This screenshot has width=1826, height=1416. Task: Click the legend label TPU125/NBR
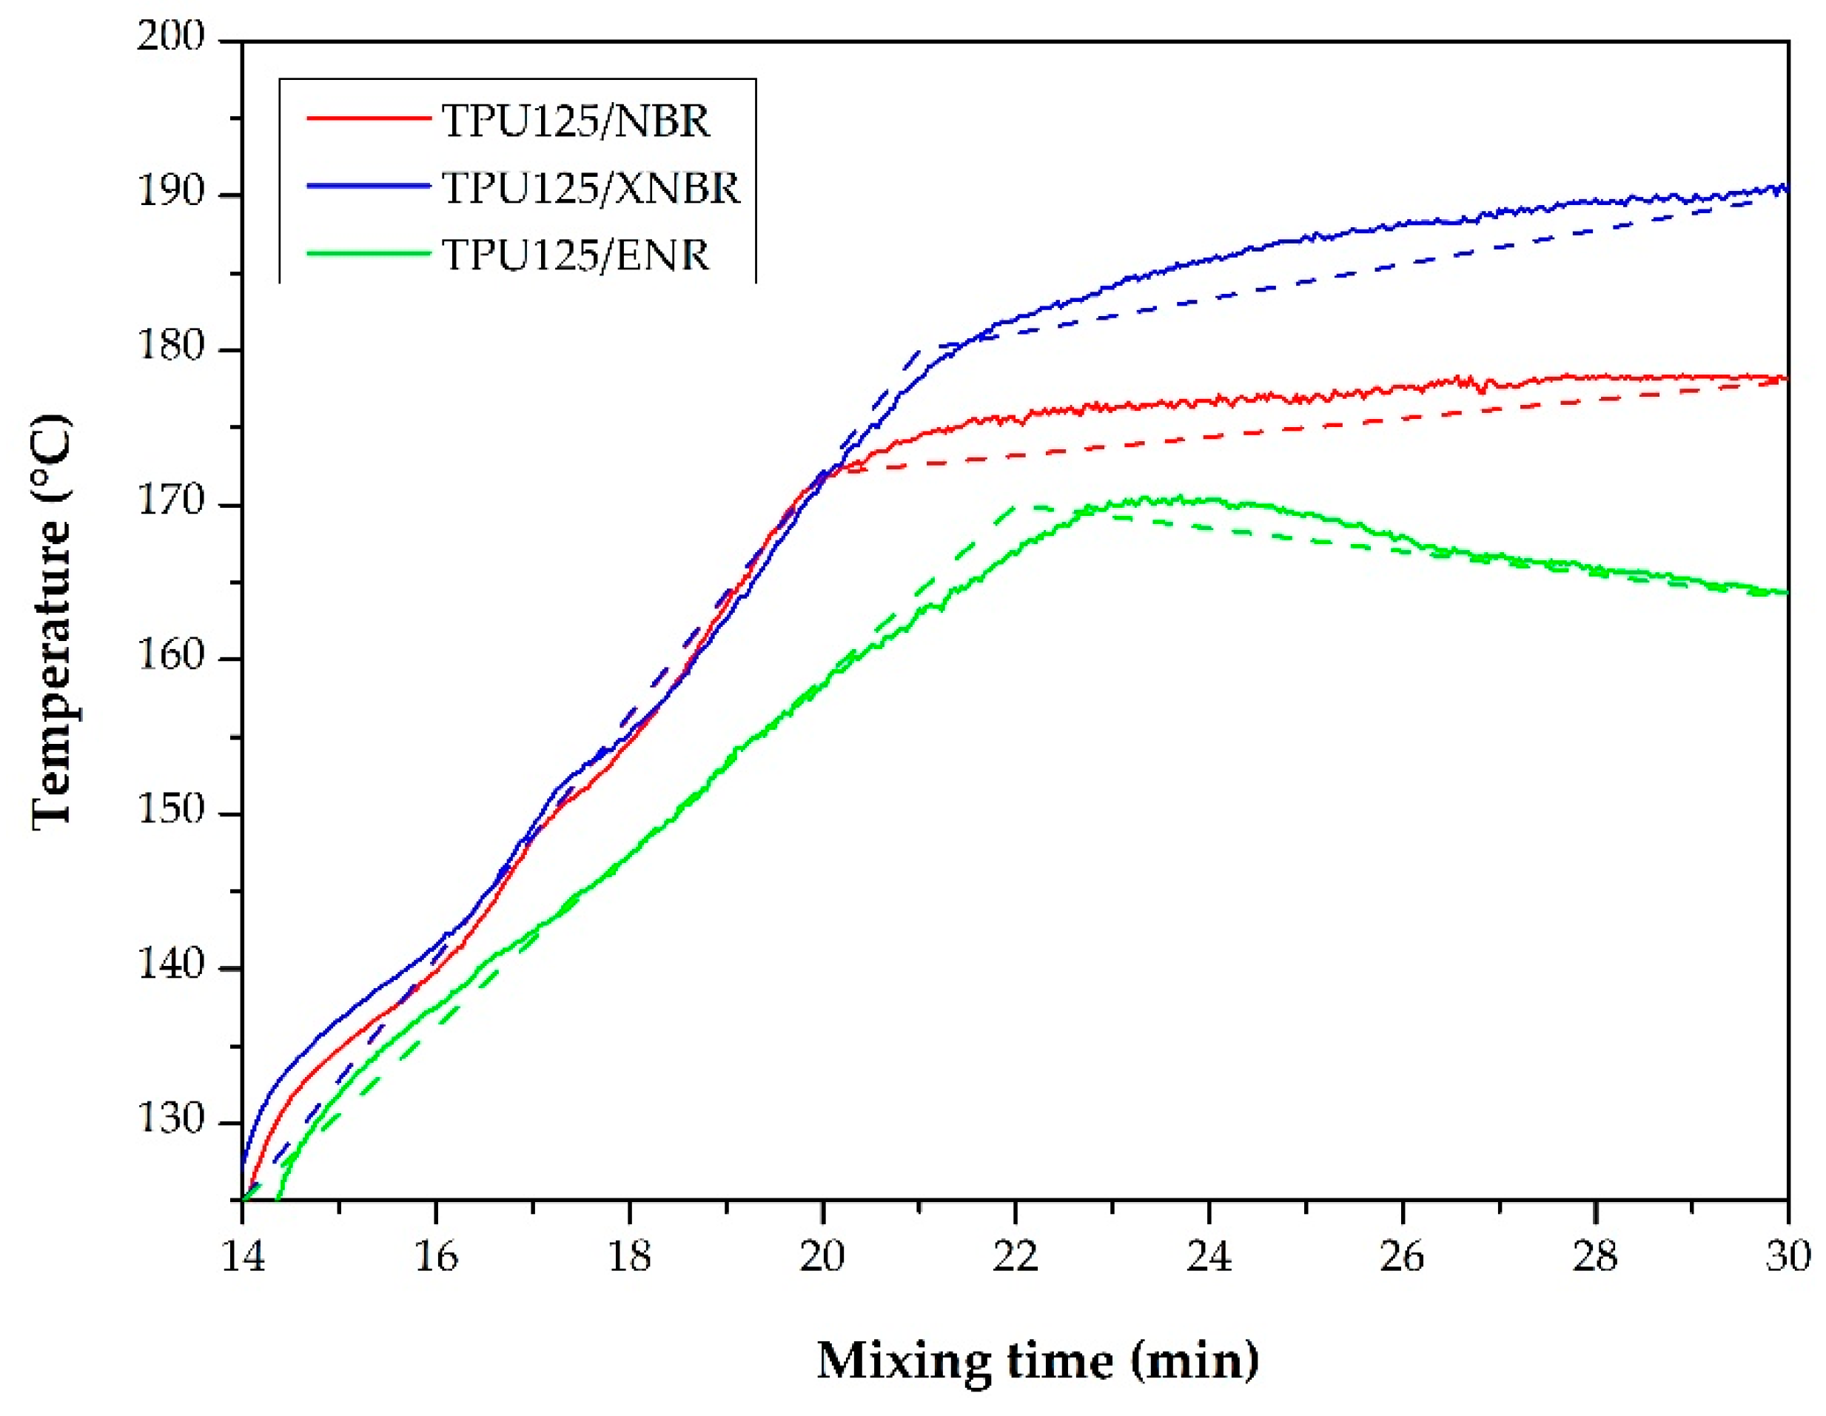pyautogui.click(x=575, y=121)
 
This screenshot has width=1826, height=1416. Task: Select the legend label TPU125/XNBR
pyautogui.click(x=590, y=188)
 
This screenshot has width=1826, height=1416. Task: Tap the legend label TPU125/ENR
pyautogui.click(x=575, y=255)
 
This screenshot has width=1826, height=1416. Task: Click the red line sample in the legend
pyautogui.click(x=368, y=118)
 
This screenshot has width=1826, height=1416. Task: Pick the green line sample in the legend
pyautogui.click(x=368, y=253)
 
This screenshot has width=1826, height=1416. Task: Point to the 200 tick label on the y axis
pyautogui.click(x=170, y=37)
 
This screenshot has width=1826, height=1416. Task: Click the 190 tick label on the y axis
pyautogui.click(x=170, y=192)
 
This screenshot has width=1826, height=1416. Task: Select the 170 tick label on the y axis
pyautogui.click(x=170, y=502)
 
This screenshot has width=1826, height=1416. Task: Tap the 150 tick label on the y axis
pyautogui.click(x=170, y=810)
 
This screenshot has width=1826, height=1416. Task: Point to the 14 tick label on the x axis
pyautogui.click(x=243, y=1256)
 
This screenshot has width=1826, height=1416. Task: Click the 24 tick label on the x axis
pyautogui.click(x=1209, y=1256)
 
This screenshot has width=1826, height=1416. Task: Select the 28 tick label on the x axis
pyautogui.click(x=1595, y=1256)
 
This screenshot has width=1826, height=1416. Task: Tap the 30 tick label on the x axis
pyautogui.click(x=1788, y=1256)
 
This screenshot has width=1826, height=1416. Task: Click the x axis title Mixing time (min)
pyautogui.click(x=1037, y=1360)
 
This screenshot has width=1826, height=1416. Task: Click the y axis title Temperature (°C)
pyautogui.click(x=52, y=623)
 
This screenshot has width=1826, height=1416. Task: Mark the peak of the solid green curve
pyautogui.click(x=1179, y=499)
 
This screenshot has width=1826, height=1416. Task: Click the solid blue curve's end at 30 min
pyautogui.click(x=1786, y=187)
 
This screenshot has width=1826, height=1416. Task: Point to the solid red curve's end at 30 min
pyautogui.click(x=1786, y=378)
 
